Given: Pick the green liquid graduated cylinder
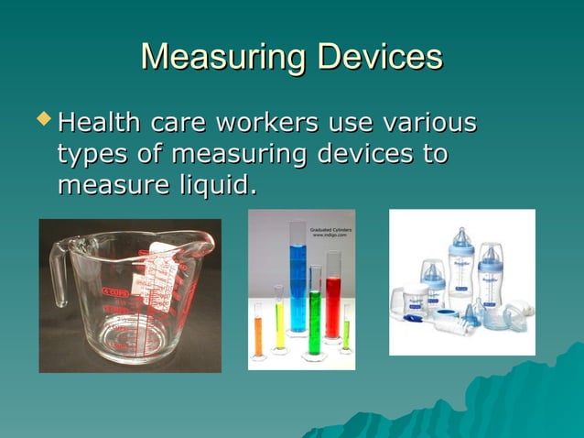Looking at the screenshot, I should pyautogui.click(x=314, y=312).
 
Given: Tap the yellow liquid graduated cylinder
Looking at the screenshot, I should pyautogui.click(x=279, y=321).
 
